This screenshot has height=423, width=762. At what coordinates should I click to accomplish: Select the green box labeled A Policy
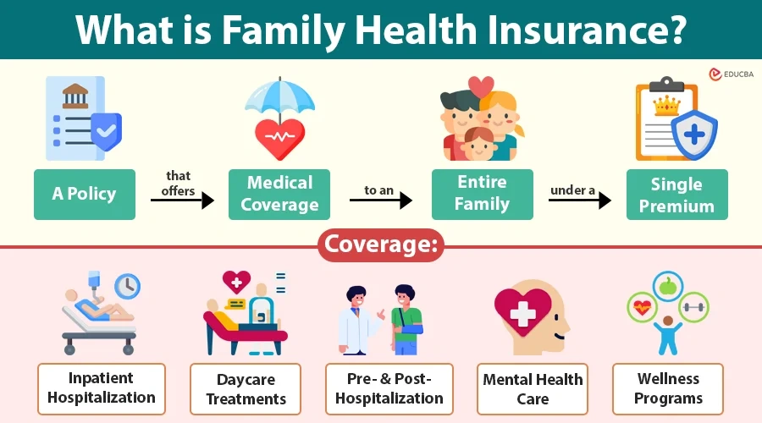coord(84,194)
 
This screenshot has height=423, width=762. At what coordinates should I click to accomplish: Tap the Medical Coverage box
coord(279,194)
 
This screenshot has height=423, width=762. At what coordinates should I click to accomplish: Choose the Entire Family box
coord(482,194)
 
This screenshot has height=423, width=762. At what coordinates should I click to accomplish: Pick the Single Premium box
coord(676,195)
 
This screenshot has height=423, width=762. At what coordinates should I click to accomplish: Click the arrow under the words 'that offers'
coord(182,201)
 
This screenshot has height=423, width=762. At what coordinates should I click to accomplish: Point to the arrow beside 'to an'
coord(381,201)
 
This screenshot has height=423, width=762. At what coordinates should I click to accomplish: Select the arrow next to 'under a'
coord(580,201)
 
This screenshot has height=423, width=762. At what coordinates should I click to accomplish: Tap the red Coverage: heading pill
coord(381,245)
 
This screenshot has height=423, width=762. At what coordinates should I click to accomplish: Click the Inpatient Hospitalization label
coord(102,387)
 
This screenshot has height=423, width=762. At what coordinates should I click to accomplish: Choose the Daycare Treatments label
coord(246,388)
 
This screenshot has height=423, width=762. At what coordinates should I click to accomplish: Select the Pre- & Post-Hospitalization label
coord(389,387)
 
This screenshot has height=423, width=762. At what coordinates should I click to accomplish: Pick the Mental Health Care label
coord(533,388)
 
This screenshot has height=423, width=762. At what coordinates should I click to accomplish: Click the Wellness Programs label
coord(669,387)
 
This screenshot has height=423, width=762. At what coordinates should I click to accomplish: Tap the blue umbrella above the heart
coord(279,97)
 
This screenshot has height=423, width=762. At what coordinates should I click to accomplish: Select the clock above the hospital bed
coord(126,288)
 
